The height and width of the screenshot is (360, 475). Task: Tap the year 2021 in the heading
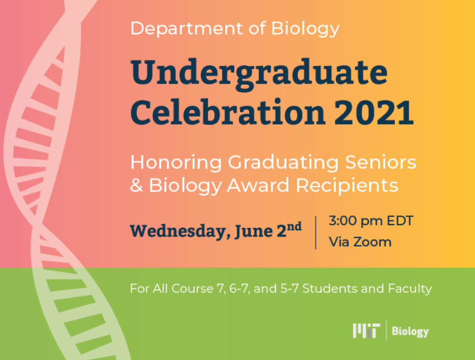(374, 112)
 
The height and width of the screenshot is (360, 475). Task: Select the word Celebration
(228, 112)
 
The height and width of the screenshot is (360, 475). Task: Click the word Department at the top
(187, 28)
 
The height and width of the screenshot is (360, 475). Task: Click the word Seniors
(381, 162)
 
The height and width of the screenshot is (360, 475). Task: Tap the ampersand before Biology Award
(136, 185)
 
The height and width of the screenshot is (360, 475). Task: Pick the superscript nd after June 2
(294, 227)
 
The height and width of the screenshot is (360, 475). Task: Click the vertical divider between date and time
(316, 233)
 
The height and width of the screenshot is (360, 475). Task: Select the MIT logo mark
(366, 330)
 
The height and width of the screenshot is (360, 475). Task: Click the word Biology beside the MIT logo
(410, 331)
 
